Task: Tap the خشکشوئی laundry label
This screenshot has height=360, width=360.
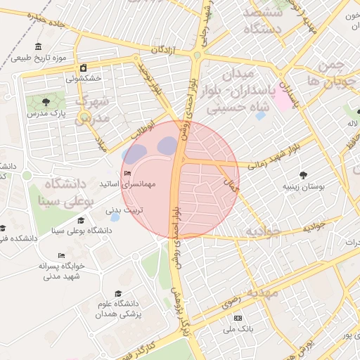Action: click(84, 79)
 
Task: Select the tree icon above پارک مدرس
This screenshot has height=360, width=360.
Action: click(46, 103)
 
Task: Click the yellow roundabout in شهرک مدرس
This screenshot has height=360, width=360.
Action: click(84, 117)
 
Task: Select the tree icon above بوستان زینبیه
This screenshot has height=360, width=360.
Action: click(304, 175)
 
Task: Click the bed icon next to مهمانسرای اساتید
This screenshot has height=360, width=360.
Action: click(127, 174)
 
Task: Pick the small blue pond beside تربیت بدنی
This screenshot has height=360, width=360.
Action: click(114, 218)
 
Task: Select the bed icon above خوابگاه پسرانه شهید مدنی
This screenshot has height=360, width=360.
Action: click(61, 255)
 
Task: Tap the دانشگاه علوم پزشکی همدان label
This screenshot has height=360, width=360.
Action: click(118, 309)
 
